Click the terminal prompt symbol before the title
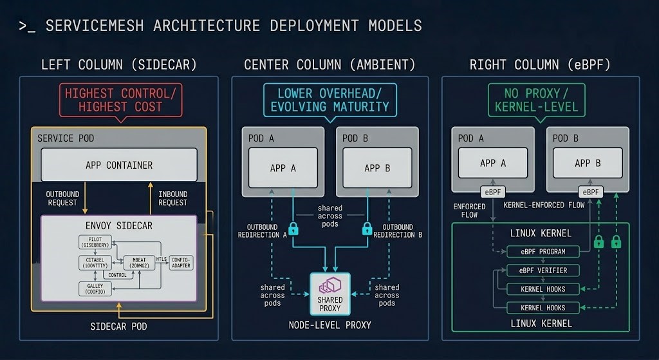click(26, 26)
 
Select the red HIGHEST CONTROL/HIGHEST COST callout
click(120, 100)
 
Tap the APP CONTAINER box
click(119, 165)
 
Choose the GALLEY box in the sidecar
click(95, 288)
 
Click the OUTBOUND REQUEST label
click(62, 198)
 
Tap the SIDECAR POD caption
click(118, 326)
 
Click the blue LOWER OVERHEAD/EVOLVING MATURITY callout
click(330, 100)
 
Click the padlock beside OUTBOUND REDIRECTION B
click(367, 229)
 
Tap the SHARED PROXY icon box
click(330, 293)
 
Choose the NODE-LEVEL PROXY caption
click(330, 325)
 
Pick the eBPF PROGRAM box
click(543, 251)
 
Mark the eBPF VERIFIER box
click(543, 270)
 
